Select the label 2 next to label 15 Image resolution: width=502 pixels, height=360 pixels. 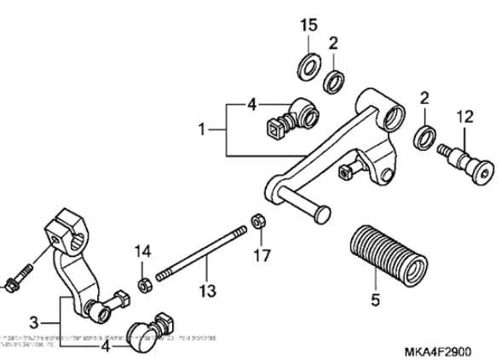click(x=334, y=42)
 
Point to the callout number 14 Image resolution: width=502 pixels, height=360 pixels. click(x=142, y=251)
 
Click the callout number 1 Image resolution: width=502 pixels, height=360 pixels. click(x=202, y=130)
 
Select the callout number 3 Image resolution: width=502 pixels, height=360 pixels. click(x=33, y=322)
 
